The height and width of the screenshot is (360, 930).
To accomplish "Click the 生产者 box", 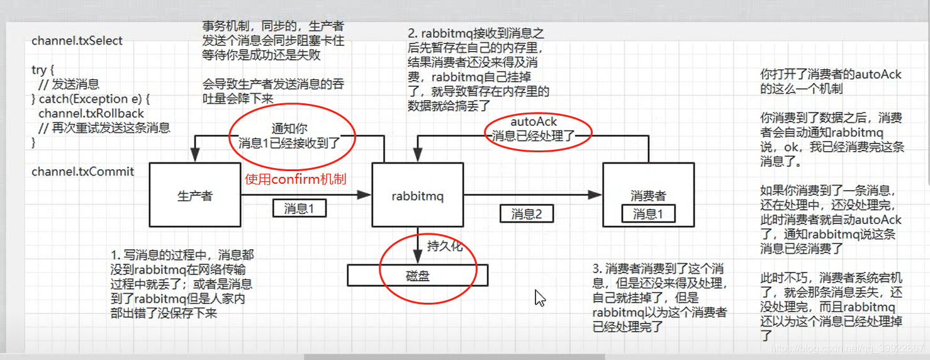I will click(194, 196).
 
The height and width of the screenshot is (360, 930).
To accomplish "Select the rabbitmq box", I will click(417, 196).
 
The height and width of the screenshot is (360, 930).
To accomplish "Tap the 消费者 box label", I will click(648, 196).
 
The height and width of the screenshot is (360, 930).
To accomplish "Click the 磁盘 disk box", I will click(417, 275).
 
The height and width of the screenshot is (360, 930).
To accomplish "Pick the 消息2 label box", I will click(527, 214).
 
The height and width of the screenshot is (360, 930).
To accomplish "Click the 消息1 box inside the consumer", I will click(647, 214).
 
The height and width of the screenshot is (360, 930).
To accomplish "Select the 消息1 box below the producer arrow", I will click(299, 208).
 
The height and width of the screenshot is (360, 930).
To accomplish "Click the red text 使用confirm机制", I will click(295, 179).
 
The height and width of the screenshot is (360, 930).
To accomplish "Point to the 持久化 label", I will click(444, 246).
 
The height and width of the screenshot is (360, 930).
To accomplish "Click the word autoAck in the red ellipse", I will click(534, 121).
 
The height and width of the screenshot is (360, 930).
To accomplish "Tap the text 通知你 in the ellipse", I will click(289, 128).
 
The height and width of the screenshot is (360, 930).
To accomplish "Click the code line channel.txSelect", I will click(77, 41).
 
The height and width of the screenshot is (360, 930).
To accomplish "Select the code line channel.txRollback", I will click(91, 114).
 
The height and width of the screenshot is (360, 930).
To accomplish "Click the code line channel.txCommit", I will click(82, 171).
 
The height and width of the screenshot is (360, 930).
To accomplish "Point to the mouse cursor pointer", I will click(539, 297).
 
